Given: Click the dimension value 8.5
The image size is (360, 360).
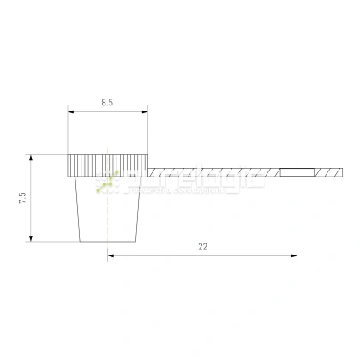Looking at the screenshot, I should [x=106, y=102].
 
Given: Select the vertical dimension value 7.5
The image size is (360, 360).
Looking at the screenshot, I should [x=22, y=198].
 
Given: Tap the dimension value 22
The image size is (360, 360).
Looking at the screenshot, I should [x=202, y=246].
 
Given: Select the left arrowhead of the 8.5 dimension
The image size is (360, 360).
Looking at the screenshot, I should [x=70, y=111].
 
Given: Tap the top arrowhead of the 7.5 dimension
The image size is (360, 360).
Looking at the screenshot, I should [x=31, y=158].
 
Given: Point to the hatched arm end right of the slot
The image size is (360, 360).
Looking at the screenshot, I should [x=331, y=172].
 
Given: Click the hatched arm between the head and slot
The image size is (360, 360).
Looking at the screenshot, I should [x=214, y=172].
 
